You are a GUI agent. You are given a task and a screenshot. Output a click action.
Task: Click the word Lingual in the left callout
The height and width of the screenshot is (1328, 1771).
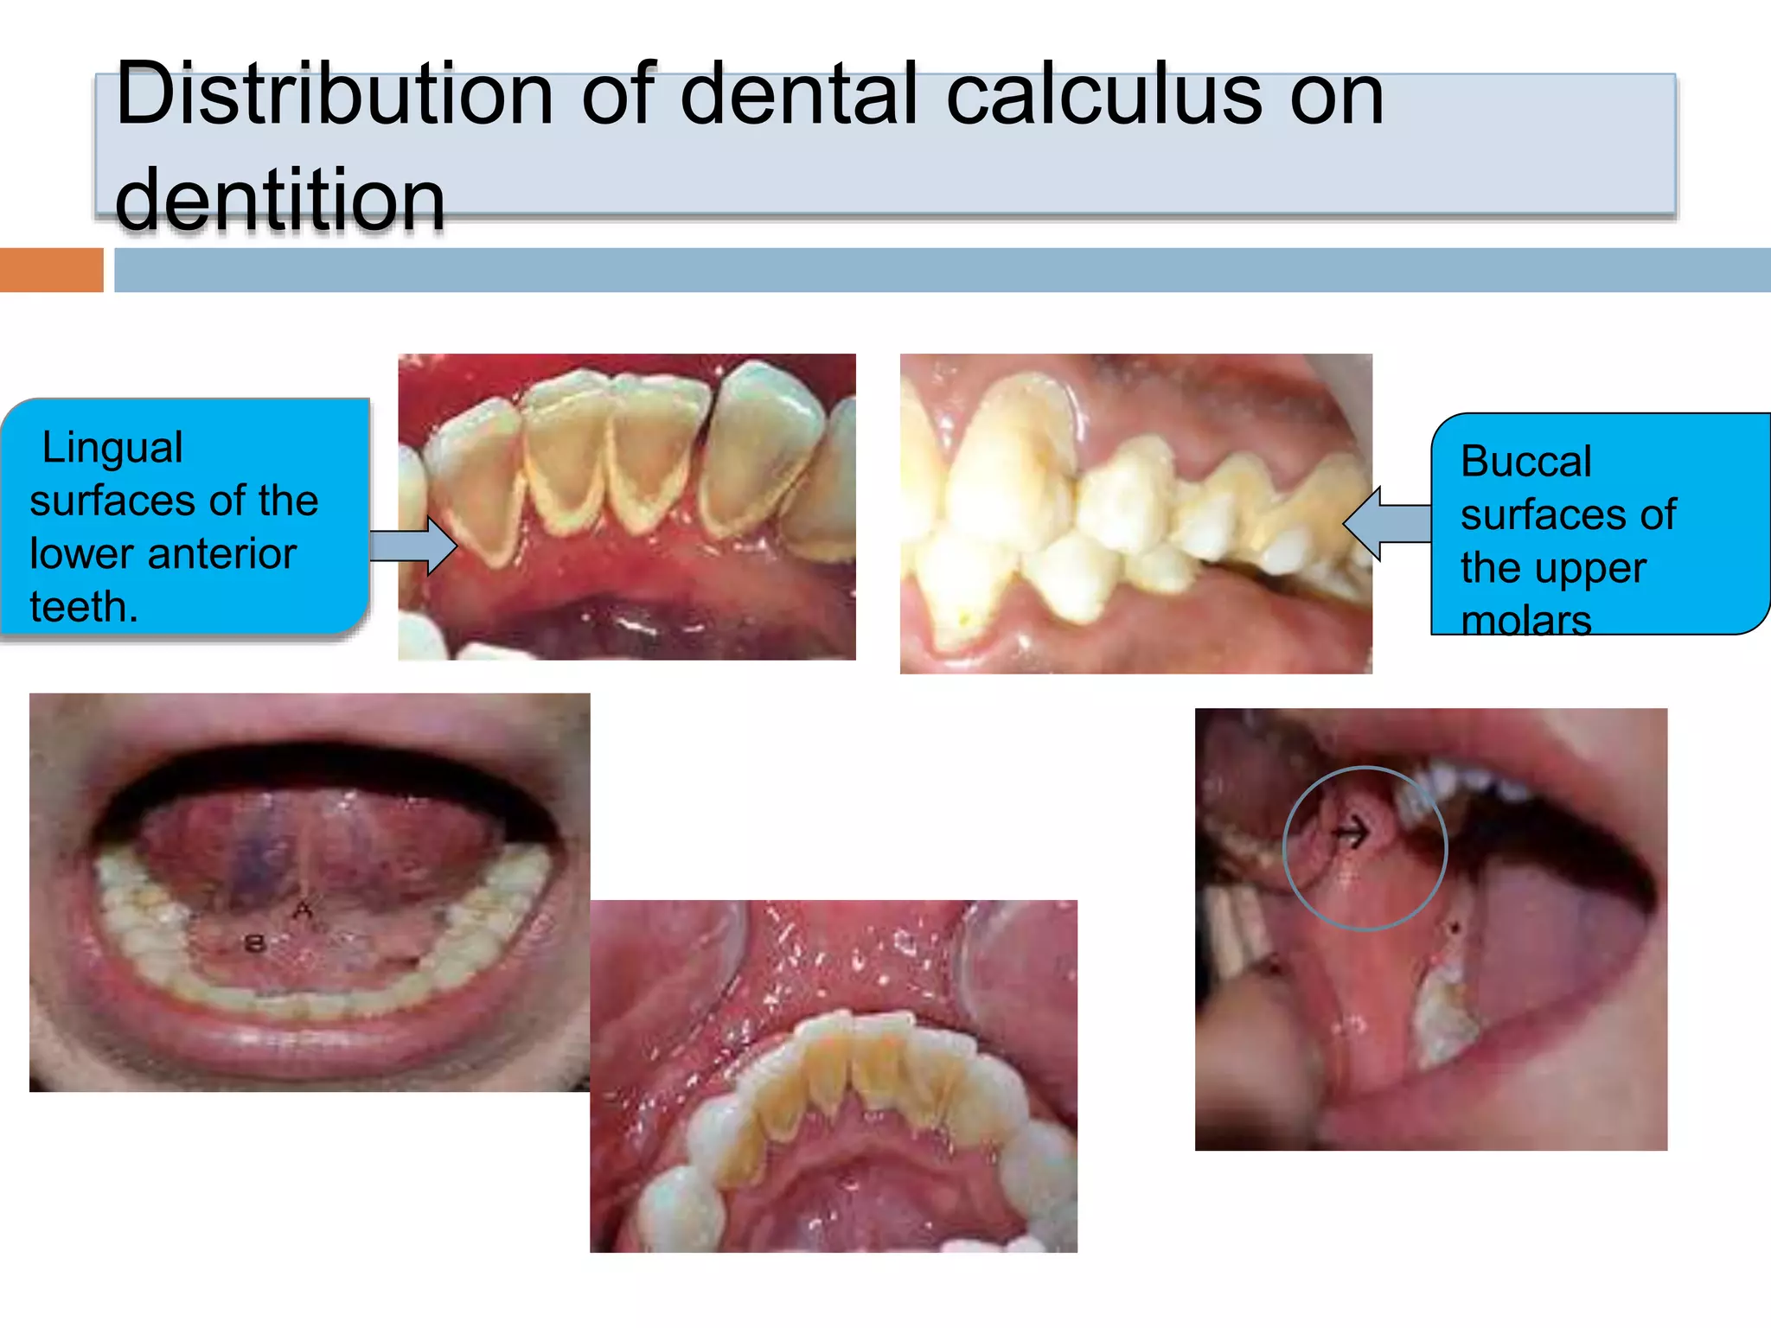112,448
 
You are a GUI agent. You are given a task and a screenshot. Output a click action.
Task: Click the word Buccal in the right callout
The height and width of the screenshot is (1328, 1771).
1525,462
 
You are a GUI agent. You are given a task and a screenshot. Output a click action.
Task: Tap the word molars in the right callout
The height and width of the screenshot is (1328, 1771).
1525,619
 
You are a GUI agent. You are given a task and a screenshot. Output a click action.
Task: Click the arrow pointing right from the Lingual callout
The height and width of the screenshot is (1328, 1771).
414,546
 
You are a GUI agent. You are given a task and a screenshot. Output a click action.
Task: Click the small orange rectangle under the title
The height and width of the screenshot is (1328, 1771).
51,270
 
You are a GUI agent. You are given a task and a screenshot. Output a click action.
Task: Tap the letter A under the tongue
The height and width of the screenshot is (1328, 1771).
303,910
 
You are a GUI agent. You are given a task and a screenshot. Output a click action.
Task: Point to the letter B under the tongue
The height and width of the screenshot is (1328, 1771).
254,942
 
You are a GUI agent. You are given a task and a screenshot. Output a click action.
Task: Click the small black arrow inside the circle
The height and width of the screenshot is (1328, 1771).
1351,833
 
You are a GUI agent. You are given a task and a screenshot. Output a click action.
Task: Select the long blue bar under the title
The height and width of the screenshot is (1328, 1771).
942,270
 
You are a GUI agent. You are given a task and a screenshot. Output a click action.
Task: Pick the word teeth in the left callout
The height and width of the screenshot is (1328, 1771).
84,606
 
